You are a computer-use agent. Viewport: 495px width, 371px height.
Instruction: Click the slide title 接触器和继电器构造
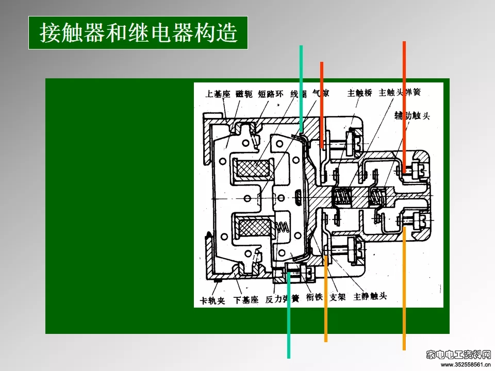tap(138, 33)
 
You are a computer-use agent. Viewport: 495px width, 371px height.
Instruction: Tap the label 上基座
tap(218, 94)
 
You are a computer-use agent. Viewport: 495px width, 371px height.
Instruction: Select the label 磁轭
tap(244, 94)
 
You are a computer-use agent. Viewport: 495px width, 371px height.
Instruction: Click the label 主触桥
tap(360, 93)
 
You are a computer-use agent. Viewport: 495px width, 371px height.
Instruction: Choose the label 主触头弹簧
tap(400, 93)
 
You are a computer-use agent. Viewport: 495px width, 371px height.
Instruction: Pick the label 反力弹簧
tap(282, 298)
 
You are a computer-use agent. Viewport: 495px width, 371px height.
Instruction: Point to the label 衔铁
tap(314, 298)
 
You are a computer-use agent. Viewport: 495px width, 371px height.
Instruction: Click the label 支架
tap(338, 297)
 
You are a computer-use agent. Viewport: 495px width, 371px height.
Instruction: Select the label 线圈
tap(298, 94)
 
